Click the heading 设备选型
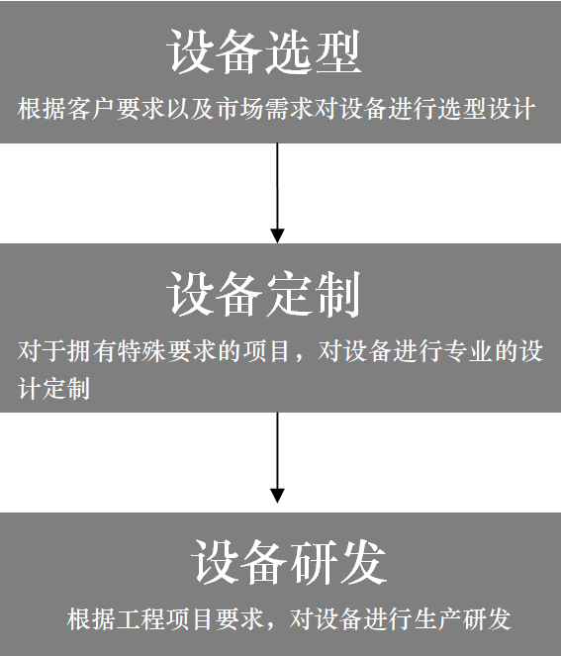point(264,51)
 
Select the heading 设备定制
point(264,293)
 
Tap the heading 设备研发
point(289,561)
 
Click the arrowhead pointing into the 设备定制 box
point(277,235)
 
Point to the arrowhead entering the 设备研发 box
point(277,496)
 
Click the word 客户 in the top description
point(91,109)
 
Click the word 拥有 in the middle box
point(92,350)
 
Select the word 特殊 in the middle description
point(141,350)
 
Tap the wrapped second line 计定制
point(53,388)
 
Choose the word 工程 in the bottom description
point(140,618)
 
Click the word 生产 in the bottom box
point(437,618)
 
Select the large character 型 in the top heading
point(338,51)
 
